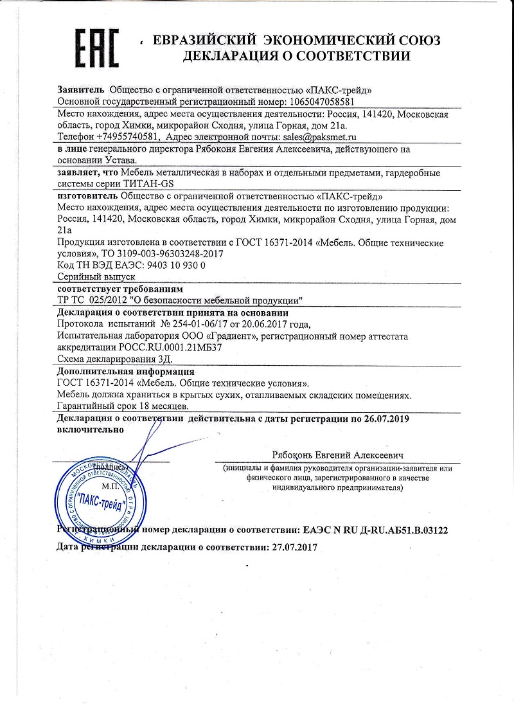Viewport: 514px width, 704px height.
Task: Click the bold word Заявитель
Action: pyautogui.click(x=82, y=90)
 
